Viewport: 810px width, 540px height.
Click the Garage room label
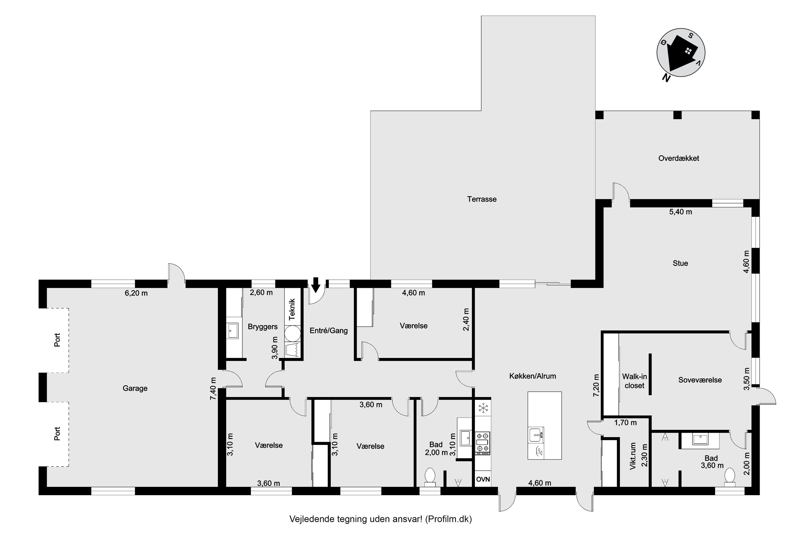[x=135, y=389]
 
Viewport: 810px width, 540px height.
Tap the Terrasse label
[x=482, y=199]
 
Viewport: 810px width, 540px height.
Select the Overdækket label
[x=679, y=158]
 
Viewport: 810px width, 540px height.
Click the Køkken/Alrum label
[x=533, y=376]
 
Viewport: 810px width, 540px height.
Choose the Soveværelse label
[x=700, y=380]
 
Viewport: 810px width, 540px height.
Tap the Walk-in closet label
[x=634, y=381]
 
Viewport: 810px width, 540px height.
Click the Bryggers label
[x=263, y=326]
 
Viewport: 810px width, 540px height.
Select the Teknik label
[x=292, y=310]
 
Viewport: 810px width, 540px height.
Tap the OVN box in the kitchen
[x=483, y=479]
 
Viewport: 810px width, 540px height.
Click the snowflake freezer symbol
[x=483, y=409]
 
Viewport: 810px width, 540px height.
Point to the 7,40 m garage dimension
[x=213, y=389]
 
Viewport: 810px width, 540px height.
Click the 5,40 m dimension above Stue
[x=680, y=212]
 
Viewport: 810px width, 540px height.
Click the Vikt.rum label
[x=633, y=456]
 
